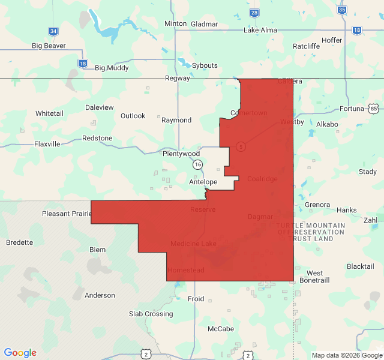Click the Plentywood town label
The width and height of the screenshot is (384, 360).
pos(181,154)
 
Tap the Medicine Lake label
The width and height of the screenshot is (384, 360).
pos(193,244)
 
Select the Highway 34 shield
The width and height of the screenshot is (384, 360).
pos(53,31)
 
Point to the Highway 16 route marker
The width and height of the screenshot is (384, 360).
pos(197,164)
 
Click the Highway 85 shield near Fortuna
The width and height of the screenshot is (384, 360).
pos(374,109)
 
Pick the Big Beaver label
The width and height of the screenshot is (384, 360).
pos(49,46)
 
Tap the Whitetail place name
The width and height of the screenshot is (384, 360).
pos(49,113)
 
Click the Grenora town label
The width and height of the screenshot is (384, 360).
pos(317,205)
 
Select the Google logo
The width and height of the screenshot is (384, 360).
pos(20,353)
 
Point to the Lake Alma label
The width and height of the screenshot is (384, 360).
pos(260,30)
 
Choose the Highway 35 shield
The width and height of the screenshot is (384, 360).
pos(342,10)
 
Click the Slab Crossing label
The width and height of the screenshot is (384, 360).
pos(151,314)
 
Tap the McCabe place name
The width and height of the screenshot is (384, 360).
pos(221,329)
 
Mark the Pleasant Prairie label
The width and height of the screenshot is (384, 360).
pos(66,214)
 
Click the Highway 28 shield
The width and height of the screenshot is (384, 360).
pos(254,13)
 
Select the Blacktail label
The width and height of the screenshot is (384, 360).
pos(360,266)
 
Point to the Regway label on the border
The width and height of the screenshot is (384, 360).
pos(177,79)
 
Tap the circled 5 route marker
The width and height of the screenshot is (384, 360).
pos(241,146)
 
